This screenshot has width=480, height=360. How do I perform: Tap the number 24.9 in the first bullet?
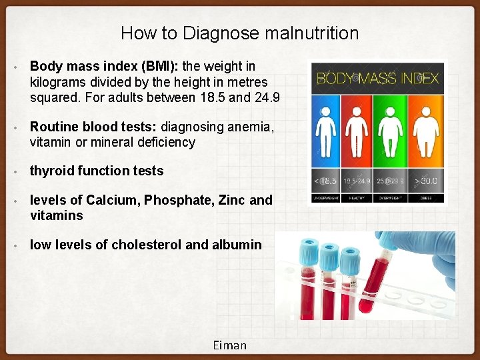tap(267, 98)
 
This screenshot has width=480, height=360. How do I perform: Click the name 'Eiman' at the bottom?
tap(230, 345)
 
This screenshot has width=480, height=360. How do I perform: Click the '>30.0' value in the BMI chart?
tap(426, 181)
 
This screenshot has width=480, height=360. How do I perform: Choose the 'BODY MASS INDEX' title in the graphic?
tap(377, 78)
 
